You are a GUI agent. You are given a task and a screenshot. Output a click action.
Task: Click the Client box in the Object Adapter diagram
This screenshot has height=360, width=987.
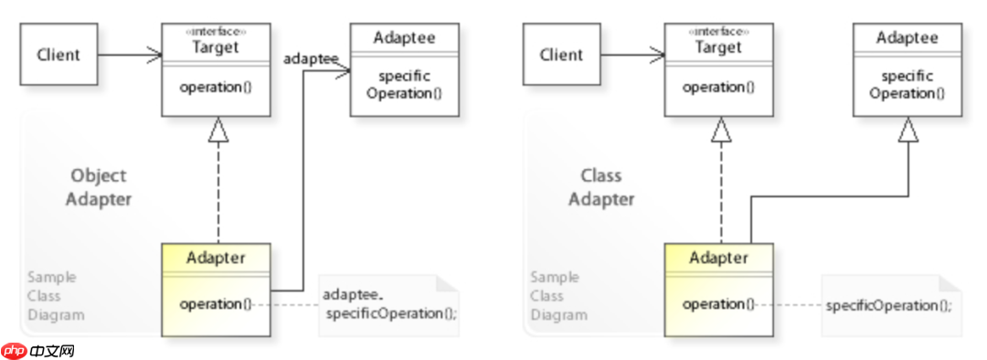point(58,55)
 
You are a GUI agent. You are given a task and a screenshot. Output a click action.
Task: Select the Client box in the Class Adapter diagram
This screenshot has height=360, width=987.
point(561,55)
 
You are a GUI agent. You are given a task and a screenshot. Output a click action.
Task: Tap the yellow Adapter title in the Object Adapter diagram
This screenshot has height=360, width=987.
point(216,258)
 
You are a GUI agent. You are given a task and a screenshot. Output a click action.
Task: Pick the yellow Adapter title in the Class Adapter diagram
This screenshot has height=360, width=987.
point(719,258)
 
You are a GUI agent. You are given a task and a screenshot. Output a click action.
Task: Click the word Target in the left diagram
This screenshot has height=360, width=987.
point(216,48)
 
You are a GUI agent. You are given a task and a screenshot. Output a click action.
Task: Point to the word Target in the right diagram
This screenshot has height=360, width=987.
point(719,48)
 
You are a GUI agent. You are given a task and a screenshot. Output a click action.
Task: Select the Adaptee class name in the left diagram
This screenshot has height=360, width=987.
point(404,37)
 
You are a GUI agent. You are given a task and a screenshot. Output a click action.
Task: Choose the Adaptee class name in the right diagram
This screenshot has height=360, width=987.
point(907,37)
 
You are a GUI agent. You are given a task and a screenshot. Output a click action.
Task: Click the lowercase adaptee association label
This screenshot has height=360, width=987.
point(311,59)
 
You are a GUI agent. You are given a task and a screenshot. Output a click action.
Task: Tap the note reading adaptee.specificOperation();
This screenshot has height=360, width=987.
point(389,305)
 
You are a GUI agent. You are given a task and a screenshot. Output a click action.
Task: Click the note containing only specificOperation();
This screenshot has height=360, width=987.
point(892,305)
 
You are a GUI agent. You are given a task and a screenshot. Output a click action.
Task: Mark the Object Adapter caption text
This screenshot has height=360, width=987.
point(99,187)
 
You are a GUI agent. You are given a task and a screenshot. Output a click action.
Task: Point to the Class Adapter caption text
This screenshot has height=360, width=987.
point(601,187)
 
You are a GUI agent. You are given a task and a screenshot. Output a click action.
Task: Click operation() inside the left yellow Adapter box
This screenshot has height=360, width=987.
point(216,304)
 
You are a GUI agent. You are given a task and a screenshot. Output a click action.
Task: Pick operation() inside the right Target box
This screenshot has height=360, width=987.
point(719,88)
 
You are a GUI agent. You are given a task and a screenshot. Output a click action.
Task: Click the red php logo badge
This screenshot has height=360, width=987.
point(14,351)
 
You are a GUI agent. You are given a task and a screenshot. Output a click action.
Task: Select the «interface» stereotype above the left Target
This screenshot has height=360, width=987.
point(216,31)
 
